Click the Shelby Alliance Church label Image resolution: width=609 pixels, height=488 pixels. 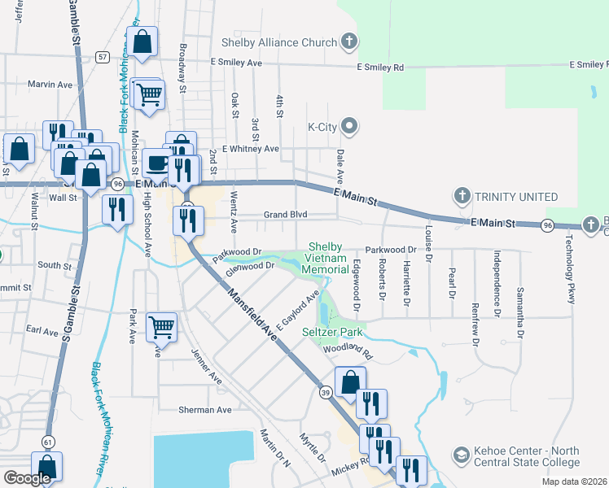point(278,42)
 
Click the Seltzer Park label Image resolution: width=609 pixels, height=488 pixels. point(332,333)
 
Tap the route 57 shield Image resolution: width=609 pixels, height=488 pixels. point(102,57)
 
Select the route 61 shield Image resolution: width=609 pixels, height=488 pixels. point(49,441)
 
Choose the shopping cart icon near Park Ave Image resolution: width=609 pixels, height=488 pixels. point(161,326)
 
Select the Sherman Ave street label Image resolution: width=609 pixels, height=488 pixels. point(207,410)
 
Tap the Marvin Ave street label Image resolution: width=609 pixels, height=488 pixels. point(50,85)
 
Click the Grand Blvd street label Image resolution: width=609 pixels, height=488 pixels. point(284,215)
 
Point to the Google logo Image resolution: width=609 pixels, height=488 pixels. point(28,478)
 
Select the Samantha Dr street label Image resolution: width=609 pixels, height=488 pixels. point(519,312)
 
